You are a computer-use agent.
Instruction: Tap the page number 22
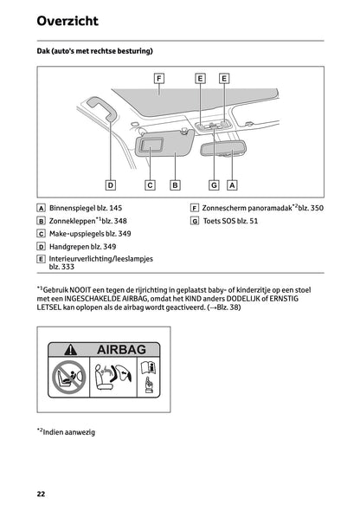coord(41,494)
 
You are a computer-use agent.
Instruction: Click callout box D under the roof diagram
coord(111,184)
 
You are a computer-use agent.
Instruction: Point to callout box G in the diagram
coord(214,184)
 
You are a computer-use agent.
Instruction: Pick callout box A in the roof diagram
coord(232,184)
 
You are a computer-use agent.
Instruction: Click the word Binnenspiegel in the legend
coord(73,209)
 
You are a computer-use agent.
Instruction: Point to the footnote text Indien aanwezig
coord(69,430)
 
